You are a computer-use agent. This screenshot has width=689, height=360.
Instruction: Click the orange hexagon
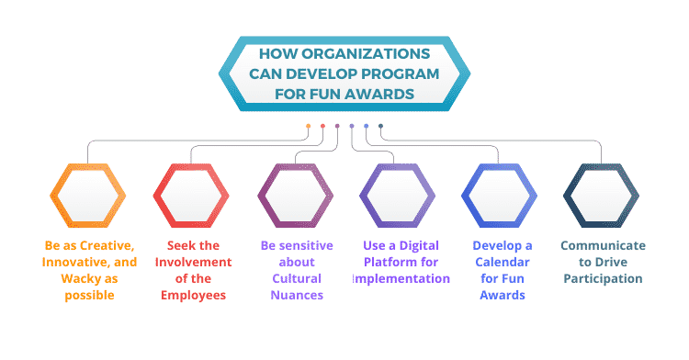coord(88,194)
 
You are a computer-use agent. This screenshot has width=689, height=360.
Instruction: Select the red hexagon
coord(191,194)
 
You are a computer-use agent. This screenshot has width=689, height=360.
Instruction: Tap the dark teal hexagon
coord(601,194)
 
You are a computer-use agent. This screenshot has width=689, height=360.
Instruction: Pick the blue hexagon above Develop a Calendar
coord(499,194)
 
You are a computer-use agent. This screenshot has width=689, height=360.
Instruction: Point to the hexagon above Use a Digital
coord(396,194)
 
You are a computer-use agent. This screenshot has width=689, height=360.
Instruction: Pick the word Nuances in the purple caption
coord(293,295)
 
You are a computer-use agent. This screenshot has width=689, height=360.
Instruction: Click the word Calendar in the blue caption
coord(503,262)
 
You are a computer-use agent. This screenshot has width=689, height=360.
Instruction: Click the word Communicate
coord(603,245)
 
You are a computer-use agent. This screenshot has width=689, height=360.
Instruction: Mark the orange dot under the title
coord(308,127)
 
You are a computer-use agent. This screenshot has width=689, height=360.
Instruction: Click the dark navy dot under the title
coord(381,127)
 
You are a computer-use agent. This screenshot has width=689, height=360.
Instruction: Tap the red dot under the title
coord(322,127)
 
